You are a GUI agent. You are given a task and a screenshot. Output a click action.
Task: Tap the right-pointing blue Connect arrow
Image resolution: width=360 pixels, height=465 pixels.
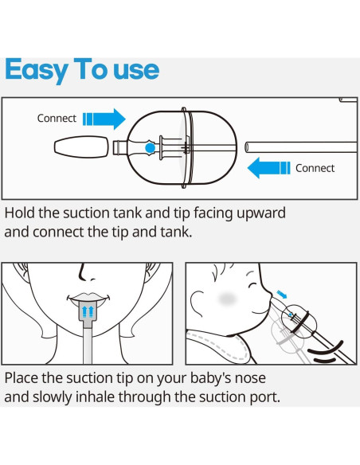point(105,119)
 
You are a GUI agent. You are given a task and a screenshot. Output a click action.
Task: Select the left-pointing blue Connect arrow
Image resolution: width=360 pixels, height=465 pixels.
point(268,168)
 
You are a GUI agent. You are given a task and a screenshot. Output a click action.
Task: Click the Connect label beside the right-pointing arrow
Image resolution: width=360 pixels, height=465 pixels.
point(57,119)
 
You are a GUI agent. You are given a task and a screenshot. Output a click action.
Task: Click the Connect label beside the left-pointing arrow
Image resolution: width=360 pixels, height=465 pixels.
point(315,168)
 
